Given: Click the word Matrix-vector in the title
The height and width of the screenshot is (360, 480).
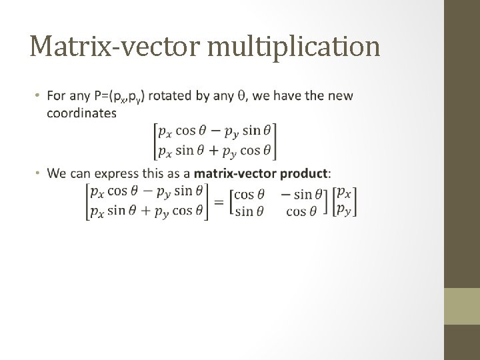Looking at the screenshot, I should [109, 46].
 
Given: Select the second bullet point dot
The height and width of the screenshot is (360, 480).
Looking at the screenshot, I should [39, 174].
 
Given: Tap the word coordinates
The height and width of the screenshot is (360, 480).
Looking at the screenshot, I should [81, 113].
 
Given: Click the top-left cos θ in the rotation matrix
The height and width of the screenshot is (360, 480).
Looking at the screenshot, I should [250, 193].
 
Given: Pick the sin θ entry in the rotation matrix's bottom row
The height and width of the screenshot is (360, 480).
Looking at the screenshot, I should [249, 211].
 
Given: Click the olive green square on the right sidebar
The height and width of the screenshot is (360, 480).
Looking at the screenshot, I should [462, 306].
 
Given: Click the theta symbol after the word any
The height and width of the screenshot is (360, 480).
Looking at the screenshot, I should [240, 97].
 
